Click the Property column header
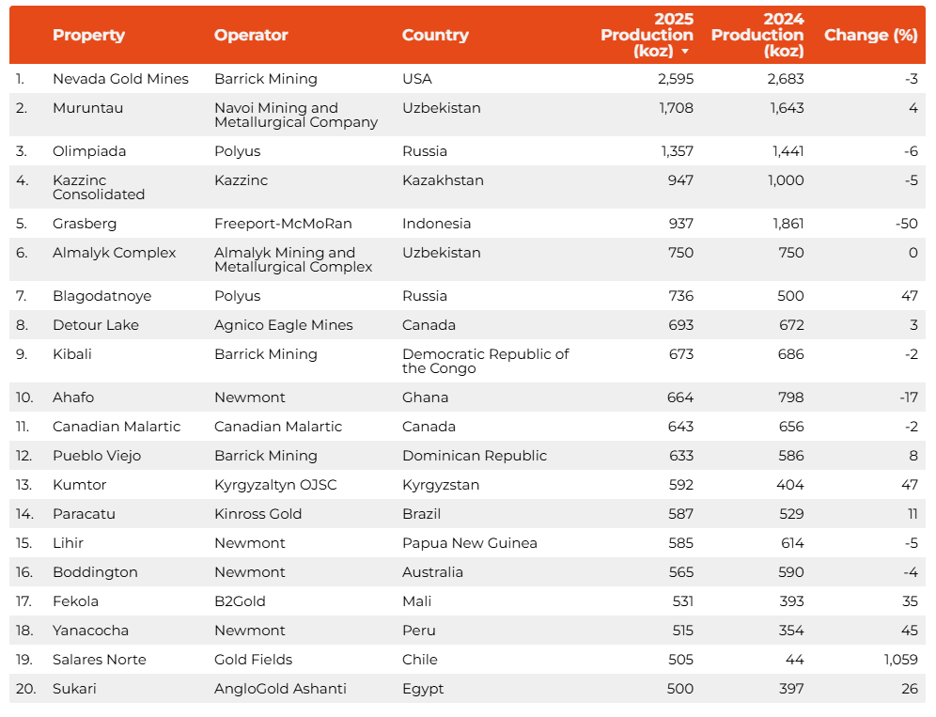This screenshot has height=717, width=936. pos(88,36)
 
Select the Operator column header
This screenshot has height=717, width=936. pos(251,36)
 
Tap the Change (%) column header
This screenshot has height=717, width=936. pos(870,36)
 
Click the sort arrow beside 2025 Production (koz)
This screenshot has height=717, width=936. pos(685,52)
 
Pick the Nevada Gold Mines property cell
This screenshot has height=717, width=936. pos(120,79)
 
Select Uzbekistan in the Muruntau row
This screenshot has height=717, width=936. pos(441,108)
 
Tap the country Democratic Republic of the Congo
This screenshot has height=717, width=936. pos(485,361)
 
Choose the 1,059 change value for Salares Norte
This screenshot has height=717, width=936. pos(900,660)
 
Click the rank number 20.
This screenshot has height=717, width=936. pos(25,689)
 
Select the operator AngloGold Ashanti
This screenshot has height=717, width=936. pos(280,689)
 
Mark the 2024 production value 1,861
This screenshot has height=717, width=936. pos(785,224)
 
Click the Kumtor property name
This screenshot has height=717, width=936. pos(80,485)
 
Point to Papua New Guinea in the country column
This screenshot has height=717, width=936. pos(470,543)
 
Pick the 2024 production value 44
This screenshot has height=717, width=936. pos(795,660)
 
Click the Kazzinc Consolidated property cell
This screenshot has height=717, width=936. pos(99,187)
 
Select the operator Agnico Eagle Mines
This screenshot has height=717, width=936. pos(284,325)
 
